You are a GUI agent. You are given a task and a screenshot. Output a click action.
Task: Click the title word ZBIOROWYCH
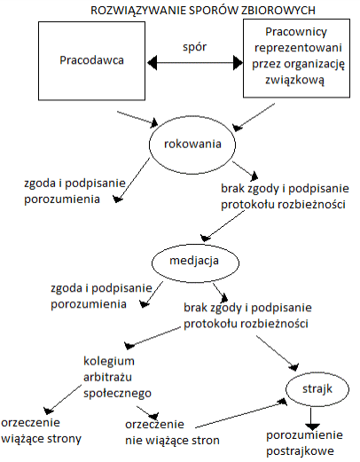click(278, 11)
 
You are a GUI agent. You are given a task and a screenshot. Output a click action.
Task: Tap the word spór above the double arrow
click(194, 47)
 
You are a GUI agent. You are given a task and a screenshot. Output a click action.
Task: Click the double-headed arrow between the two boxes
click(195, 63)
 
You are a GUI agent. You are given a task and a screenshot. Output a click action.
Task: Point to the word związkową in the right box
click(294, 81)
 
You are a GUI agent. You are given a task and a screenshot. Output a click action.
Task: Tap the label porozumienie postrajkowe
click(304, 443)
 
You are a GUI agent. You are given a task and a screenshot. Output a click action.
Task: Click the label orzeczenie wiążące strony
click(41, 431)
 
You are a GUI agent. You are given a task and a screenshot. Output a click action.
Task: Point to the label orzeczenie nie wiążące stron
click(172, 433)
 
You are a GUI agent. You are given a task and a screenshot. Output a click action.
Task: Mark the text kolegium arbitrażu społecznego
click(117, 377)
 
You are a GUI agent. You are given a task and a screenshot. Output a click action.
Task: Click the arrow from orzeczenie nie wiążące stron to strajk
click(241, 413)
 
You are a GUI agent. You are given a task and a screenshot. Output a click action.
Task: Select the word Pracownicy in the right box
click(296, 32)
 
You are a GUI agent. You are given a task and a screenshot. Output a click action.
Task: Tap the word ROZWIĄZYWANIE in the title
click(138, 11)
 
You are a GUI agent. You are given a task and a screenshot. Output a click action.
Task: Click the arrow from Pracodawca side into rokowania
click(137, 119)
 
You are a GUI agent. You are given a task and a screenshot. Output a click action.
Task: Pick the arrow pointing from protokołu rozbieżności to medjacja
click(223, 225)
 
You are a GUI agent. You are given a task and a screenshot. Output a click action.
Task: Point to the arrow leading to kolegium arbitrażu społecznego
click(153, 338)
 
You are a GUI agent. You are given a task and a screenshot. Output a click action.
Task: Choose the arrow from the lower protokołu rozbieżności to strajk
click(278, 353)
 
